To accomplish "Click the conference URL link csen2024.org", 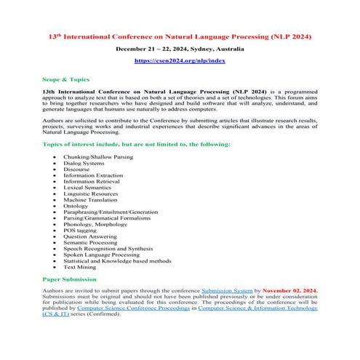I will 180,61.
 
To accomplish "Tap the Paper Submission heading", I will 71,279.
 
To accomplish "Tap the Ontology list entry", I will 76,206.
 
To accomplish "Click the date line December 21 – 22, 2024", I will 180,48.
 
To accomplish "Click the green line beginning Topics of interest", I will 137,143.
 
